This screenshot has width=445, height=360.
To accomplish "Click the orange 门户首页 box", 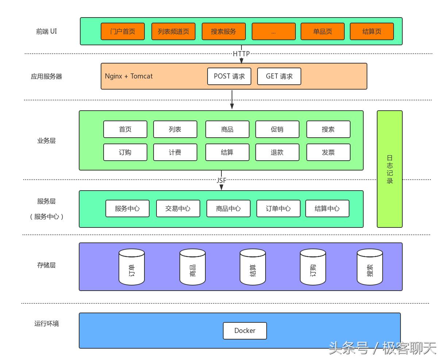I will [123, 31].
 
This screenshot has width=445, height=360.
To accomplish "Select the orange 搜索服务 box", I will [224, 31].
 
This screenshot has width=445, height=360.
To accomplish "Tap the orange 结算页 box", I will [372, 31].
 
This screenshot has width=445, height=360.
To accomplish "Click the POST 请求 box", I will [229, 76].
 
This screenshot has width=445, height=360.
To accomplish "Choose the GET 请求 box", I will [279, 76].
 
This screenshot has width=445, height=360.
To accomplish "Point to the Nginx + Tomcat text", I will [129, 76].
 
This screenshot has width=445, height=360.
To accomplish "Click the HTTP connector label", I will [241, 54].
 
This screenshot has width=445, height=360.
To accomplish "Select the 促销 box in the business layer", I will [277, 129].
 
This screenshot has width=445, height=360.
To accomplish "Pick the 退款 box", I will [277, 152].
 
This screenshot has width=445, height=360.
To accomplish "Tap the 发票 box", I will [328, 152].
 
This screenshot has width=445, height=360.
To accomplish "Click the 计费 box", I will [175, 152].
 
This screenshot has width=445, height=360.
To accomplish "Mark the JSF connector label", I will [221, 180].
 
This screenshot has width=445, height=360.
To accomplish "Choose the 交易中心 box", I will [178, 208].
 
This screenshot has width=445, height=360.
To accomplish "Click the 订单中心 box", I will [278, 208].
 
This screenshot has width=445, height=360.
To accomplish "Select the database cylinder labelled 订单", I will [132, 267].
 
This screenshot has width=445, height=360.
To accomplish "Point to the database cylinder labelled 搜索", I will [369, 267].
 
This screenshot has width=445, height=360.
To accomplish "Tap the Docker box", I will [245, 331].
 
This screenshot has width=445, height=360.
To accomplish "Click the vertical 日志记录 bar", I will [390, 169].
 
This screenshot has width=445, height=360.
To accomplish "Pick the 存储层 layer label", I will [46, 265].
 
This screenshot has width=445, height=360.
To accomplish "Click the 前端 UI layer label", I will [46, 31].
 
